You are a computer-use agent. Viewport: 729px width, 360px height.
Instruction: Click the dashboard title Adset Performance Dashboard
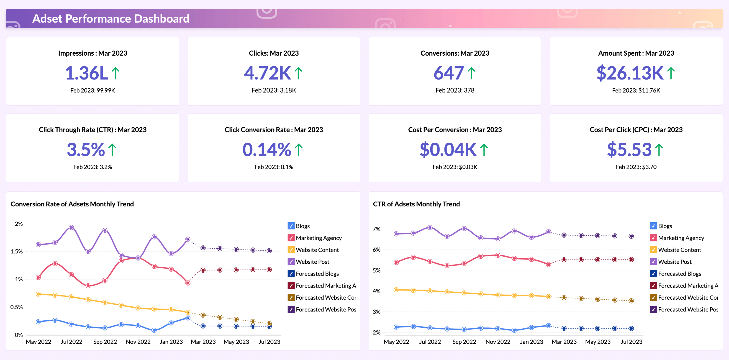(x=111, y=19)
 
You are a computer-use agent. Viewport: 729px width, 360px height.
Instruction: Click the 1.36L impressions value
(x=87, y=73)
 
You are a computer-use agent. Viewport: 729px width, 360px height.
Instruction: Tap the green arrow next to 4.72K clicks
(x=298, y=73)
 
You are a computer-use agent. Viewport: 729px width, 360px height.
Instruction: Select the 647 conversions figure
(x=449, y=73)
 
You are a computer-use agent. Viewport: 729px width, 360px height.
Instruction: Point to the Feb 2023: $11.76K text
(x=636, y=90)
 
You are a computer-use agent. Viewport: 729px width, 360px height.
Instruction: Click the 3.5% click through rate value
(x=86, y=149)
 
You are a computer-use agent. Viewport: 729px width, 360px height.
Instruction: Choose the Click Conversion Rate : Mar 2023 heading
(x=274, y=130)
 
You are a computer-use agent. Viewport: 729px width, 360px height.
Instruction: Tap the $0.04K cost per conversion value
(x=448, y=149)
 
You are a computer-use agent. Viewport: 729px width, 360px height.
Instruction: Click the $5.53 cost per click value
(x=629, y=149)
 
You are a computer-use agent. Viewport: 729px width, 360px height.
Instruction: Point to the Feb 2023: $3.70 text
(x=636, y=167)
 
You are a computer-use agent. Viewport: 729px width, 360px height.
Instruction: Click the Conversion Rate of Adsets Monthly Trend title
(x=72, y=204)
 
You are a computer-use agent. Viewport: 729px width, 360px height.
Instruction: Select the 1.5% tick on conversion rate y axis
(x=16, y=251)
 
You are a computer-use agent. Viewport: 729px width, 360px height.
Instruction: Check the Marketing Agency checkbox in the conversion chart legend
(x=291, y=238)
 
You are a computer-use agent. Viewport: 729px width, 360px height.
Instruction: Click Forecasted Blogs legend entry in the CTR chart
(x=679, y=274)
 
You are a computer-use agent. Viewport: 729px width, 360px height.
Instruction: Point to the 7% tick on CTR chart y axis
(x=376, y=229)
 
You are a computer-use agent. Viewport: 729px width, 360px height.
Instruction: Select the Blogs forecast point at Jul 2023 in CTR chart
(x=631, y=329)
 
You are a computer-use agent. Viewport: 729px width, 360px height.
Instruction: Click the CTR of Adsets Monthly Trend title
(x=416, y=204)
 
